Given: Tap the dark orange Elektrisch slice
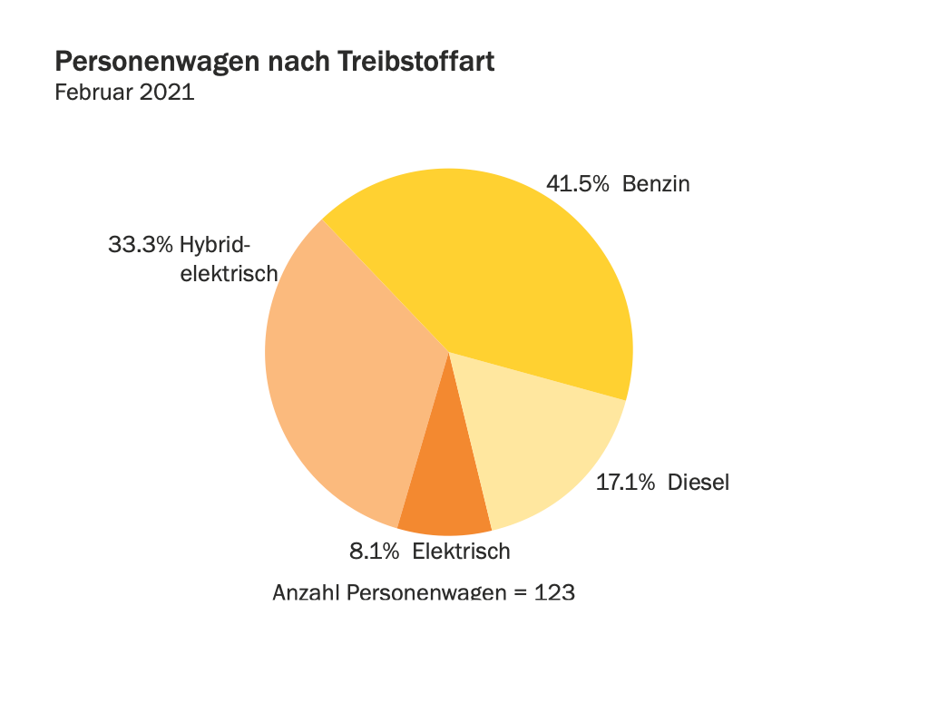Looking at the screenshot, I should click(x=445, y=499).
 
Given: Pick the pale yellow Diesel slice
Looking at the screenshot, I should click(x=535, y=445).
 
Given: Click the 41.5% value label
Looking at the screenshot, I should click(x=577, y=184).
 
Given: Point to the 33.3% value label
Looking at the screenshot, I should click(x=141, y=245).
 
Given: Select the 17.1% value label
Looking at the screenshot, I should click(x=625, y=483).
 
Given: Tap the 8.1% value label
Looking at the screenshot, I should click(x=374, y=551).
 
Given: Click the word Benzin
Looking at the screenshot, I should click(x=656, y=184).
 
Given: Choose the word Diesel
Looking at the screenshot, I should click(x=699, y=483).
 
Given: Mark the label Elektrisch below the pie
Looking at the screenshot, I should click(x=461, y=551).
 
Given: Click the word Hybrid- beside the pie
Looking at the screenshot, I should click(x=215, y=245).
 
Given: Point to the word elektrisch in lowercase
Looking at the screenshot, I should click(x=229, y=274).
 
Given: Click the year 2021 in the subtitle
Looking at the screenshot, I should click(x=167, y=92).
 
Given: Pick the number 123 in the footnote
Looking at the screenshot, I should click(x=554, y=593).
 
